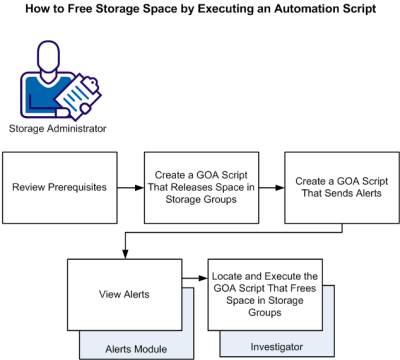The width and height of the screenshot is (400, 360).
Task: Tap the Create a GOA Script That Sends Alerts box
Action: [339, 187]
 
